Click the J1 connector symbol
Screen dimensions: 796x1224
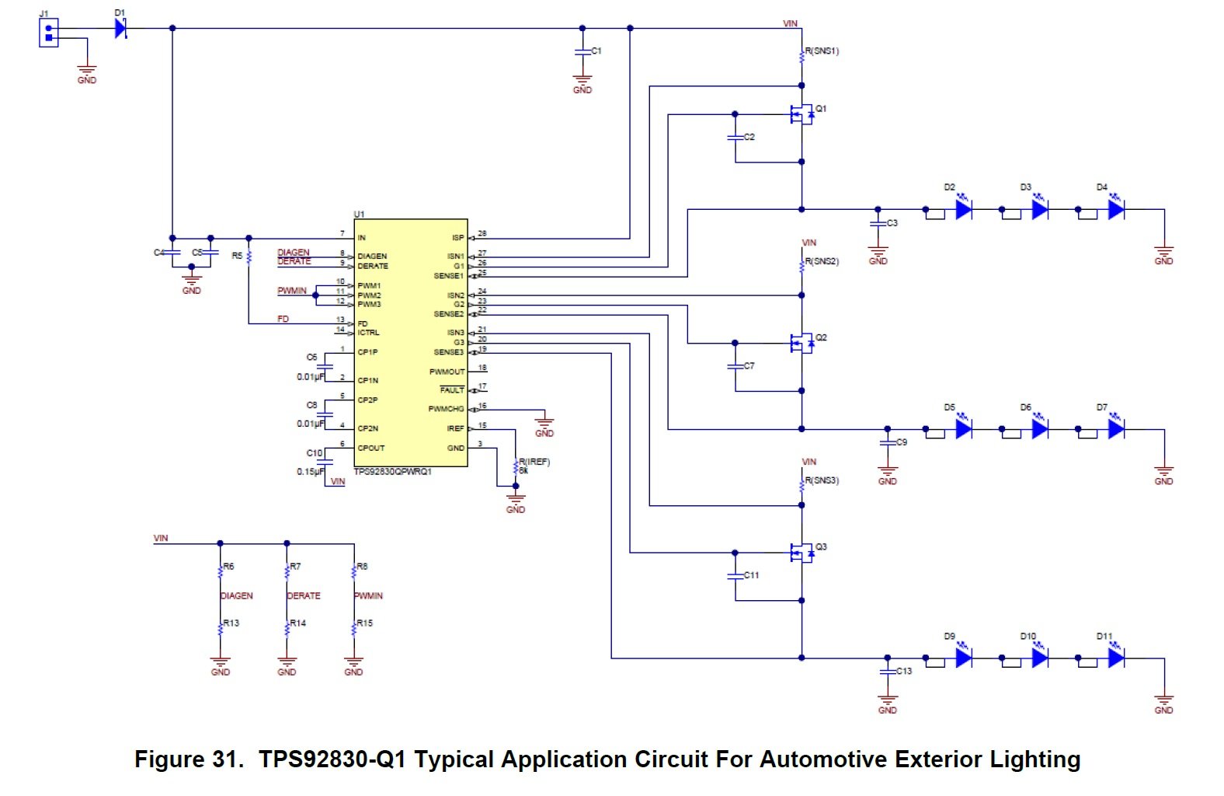tap(49, 33)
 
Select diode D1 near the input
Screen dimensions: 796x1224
tap(120, 29)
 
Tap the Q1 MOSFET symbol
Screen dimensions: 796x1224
tap(800, 115)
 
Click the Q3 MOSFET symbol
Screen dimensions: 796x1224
tap(800, 553)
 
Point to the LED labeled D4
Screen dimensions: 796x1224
tap(1116, 209)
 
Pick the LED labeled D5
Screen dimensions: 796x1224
tap(964, 429)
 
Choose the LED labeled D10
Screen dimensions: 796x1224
tap(1040, 658)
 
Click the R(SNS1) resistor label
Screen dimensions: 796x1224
tap(822, 51)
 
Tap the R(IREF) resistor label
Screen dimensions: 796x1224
tap(534, 462)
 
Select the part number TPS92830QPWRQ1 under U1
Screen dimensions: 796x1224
tap(392, 472)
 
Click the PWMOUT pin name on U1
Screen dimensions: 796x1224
tap(447, 372)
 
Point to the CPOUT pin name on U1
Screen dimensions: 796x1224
tap(371, 448)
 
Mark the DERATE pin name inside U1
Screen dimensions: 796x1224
tap(373, 266)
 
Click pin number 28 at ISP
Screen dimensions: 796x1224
tap(482, 233)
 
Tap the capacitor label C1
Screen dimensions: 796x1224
tap(596, 51)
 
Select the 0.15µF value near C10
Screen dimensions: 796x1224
tap(311, 472)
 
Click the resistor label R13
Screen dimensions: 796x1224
tap(231, 623)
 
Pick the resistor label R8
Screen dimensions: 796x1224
tap(362, 567)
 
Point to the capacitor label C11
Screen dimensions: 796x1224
tap(751, 575)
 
